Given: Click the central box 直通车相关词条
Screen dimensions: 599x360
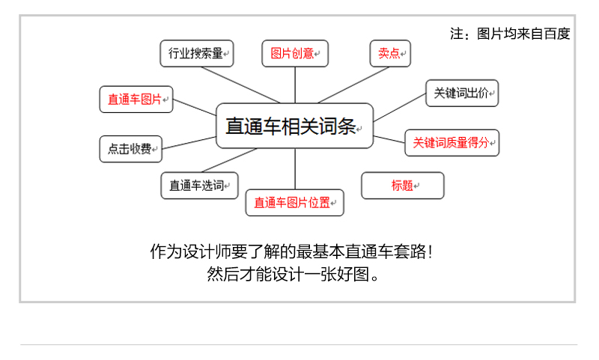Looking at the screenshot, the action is click(x=294, y=126).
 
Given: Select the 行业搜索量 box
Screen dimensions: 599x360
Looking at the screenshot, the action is click(x=197, y=53).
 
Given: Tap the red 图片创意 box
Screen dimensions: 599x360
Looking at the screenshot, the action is click(x=294, y=53).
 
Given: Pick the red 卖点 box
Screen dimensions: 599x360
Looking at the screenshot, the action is click(x=390, y=53).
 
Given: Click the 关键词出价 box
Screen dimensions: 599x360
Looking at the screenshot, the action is click(x=461, y=94).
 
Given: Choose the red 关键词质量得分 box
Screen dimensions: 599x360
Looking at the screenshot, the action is click(x=452, y=142).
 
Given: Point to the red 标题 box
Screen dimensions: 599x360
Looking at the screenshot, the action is click(x=403, y=186).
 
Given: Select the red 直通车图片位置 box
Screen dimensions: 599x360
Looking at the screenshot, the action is click(x=294, y=202).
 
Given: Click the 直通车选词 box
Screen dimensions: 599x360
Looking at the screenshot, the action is click(x=199, y=186).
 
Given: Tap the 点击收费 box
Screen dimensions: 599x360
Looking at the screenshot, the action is click(x=130, y=148).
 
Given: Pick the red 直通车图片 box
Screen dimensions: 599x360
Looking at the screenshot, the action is click(x=136, y=99).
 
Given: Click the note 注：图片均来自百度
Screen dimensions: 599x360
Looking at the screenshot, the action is click(x=510, y=34).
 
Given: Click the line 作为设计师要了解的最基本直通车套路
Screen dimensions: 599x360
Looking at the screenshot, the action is click(x=291, y=251).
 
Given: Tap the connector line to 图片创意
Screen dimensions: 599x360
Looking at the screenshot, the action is click(x=294, y=84).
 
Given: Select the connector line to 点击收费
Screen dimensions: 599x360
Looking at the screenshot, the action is click(x=189, y=142).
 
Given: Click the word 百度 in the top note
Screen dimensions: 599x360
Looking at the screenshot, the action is click(x=558, y=34).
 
